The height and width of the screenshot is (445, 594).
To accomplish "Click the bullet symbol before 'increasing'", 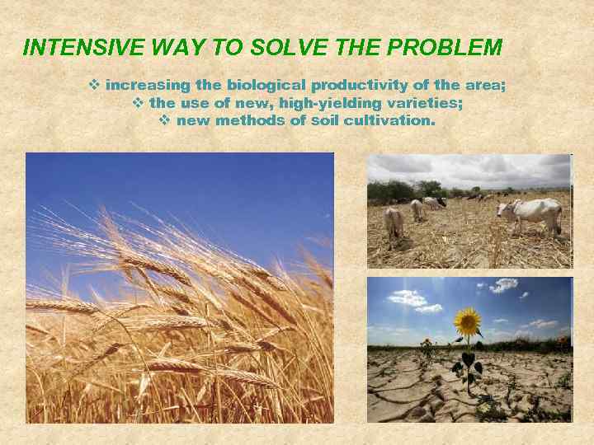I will [94, 85].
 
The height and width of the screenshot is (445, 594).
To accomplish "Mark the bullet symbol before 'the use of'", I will [138, 103].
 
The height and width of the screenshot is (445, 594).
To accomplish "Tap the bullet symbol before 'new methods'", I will [163, 120].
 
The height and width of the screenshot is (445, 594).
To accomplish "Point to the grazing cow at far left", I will [394, 220].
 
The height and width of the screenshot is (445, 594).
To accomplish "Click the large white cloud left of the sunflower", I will [408, 298].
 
